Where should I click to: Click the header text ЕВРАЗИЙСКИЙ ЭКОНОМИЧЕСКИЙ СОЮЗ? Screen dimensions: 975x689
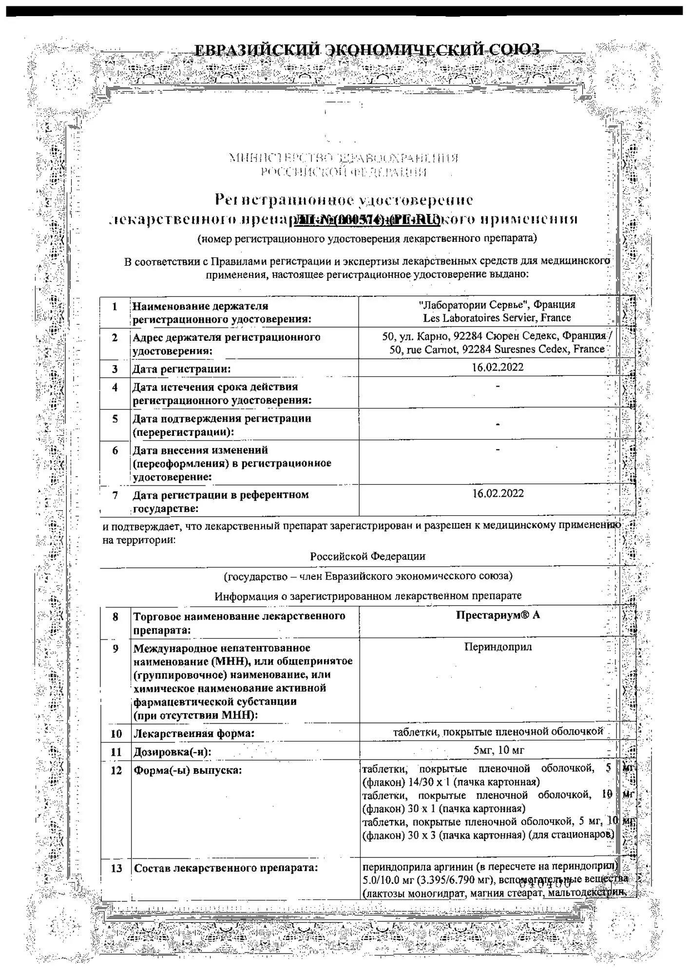[366, 50]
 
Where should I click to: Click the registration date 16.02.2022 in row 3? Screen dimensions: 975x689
[497, 367]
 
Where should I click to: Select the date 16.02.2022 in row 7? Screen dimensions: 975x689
[498, 493]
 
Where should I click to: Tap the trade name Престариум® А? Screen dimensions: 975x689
[498, 615]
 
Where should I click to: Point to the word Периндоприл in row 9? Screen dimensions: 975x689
[498, 647]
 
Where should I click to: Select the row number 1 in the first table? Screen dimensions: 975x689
[115, 307]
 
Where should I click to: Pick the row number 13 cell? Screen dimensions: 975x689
[116, 868]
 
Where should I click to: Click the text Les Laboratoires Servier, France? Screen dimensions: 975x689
[497, 318]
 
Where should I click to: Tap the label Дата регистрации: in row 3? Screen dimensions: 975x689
[181, 369]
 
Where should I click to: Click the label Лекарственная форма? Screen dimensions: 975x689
[194, 734]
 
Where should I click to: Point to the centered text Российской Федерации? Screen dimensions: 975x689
[367, 556]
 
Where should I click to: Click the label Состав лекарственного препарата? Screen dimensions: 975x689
[226, 868]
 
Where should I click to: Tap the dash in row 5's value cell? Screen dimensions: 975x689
[497, 425]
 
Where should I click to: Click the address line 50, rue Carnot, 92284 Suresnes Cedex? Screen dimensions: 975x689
[497, 349]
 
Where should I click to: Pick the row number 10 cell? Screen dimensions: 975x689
[116, 734]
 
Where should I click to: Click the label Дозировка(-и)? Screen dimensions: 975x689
[172, 752]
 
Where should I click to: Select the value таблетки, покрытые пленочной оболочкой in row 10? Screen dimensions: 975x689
[498, 731]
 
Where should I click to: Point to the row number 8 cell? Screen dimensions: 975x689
[115, 617]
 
